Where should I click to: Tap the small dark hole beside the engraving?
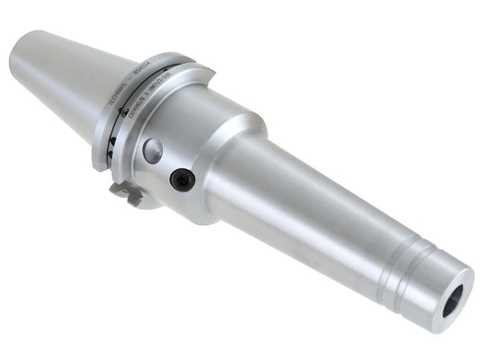click(x=111, y=115)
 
